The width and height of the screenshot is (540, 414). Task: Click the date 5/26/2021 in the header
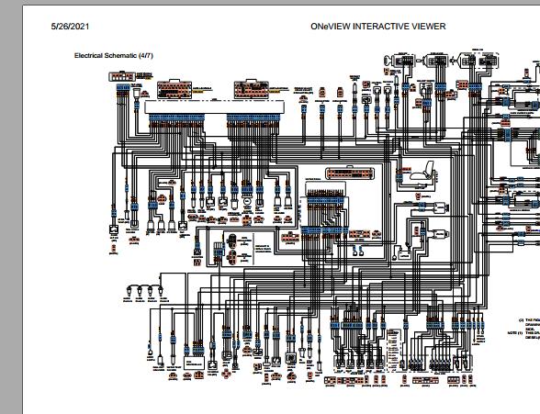[x=69, y=27]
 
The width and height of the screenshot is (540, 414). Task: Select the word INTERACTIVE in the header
[x=390, y=27]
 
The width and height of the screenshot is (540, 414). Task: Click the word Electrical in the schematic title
[x=91, y=55]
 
